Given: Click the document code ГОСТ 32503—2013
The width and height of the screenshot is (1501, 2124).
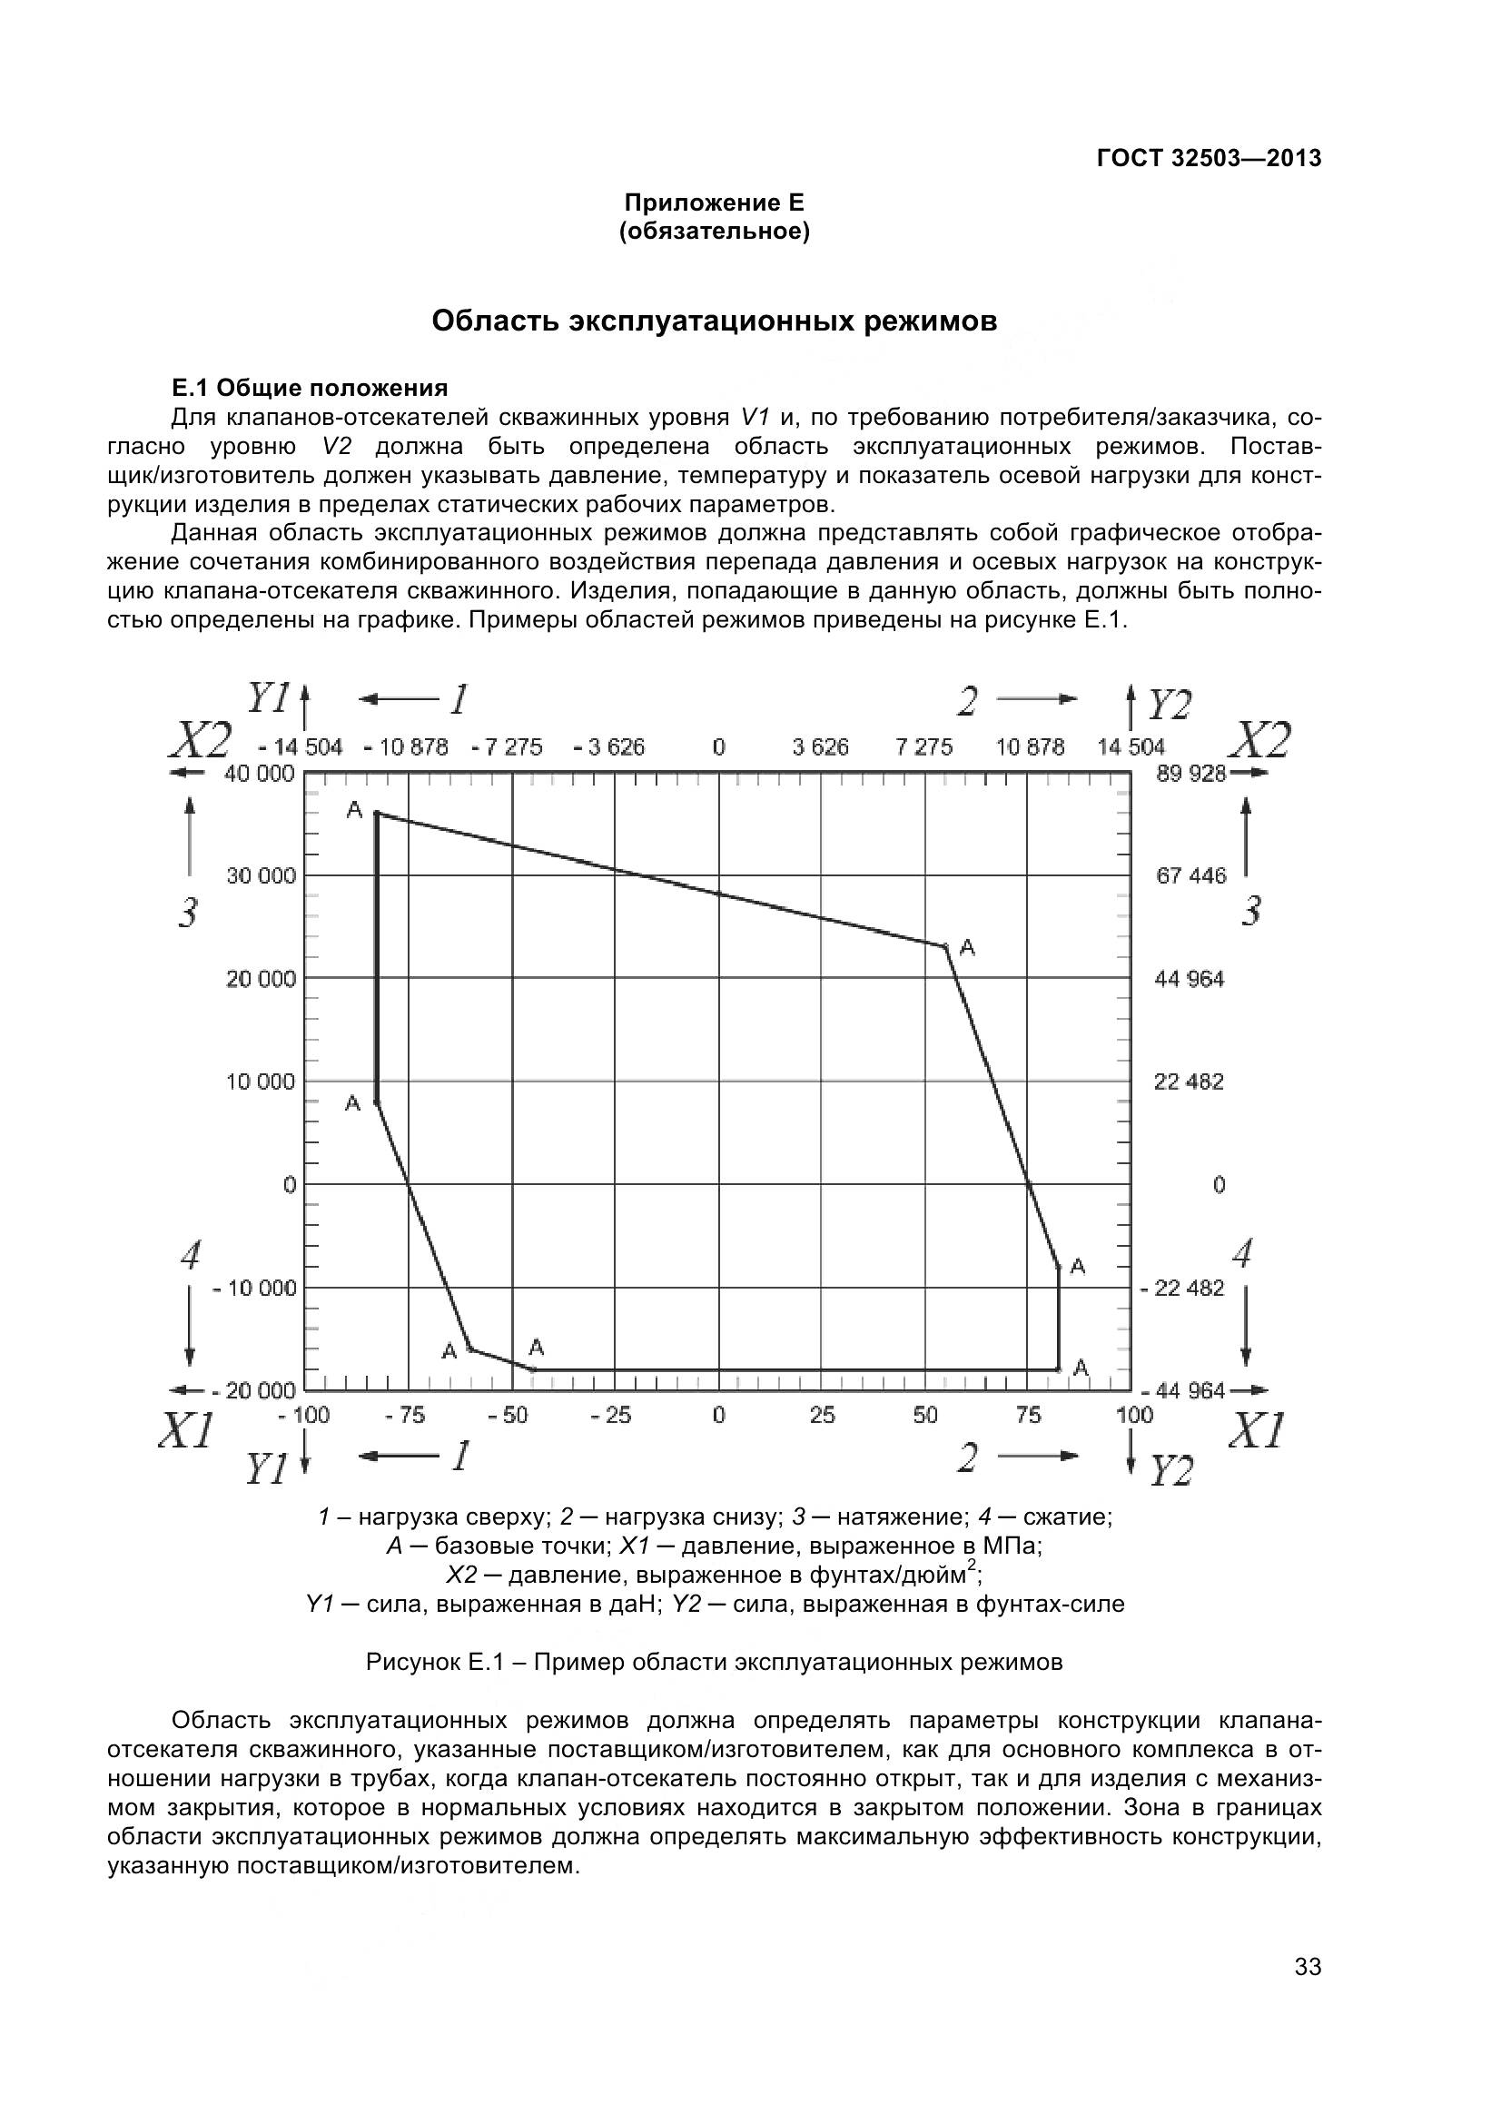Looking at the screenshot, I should click(x=1209, y=158).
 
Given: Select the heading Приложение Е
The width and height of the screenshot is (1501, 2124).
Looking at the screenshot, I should click(x=714, y=202).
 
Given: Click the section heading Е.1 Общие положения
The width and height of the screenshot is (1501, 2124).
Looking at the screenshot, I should click(x=310, y=388).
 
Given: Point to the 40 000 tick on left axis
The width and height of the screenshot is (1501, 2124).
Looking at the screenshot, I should click(x=259, y=774).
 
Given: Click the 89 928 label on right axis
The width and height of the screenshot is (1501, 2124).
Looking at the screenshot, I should click(x=1190, y=774).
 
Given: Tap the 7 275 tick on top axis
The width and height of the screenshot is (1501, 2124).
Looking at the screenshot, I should click(x=923, y=746).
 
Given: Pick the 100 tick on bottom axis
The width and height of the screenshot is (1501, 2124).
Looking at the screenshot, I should click(x=1134, y=1415).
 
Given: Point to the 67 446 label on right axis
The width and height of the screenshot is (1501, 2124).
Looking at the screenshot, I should click(x=1190, y=875).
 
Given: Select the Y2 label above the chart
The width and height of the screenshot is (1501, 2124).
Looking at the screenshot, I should click(x=1169, y=706).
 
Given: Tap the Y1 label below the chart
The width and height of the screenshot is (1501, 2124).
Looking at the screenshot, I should click(x=266, y=1469).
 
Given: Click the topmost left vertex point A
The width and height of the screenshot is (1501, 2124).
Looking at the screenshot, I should click(x=377, y=813).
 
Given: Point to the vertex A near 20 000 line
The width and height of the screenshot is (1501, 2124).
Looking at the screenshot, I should click(x=945, y=946).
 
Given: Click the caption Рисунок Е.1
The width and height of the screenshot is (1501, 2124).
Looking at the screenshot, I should click(x=714, y=1663).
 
